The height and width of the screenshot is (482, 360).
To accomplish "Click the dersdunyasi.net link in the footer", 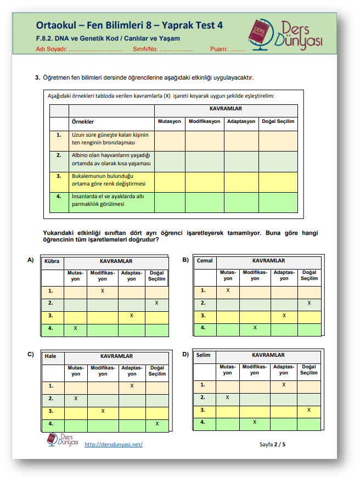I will click(x=114, y=444).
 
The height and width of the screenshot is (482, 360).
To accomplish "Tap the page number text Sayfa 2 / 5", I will click(x=273, y=444).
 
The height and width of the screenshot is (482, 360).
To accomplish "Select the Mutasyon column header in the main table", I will click(x=170, y=121).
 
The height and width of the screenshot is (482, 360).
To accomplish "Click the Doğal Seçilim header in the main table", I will click(x=278, y=121).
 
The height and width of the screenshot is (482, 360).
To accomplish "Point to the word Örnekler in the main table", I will click(x=83, y=121).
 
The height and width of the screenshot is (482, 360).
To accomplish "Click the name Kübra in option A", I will click(x=52, y=261).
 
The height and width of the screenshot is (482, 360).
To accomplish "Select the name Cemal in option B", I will click(x=205, y=261).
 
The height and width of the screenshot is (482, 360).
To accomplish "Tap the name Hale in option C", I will click(x=50, y=356).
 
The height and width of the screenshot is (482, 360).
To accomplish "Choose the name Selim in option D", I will click(x=204, y=355).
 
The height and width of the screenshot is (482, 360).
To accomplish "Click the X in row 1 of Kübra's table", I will click(x=103, y=290).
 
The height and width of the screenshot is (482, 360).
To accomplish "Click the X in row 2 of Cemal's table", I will click(x=309, y=303).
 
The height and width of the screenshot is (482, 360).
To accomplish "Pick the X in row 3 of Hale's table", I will click(x=103, y=411).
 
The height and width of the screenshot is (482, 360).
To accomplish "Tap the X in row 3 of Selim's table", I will click(x=309, y=410).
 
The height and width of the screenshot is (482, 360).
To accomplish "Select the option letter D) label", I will click(x=185, y=354).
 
